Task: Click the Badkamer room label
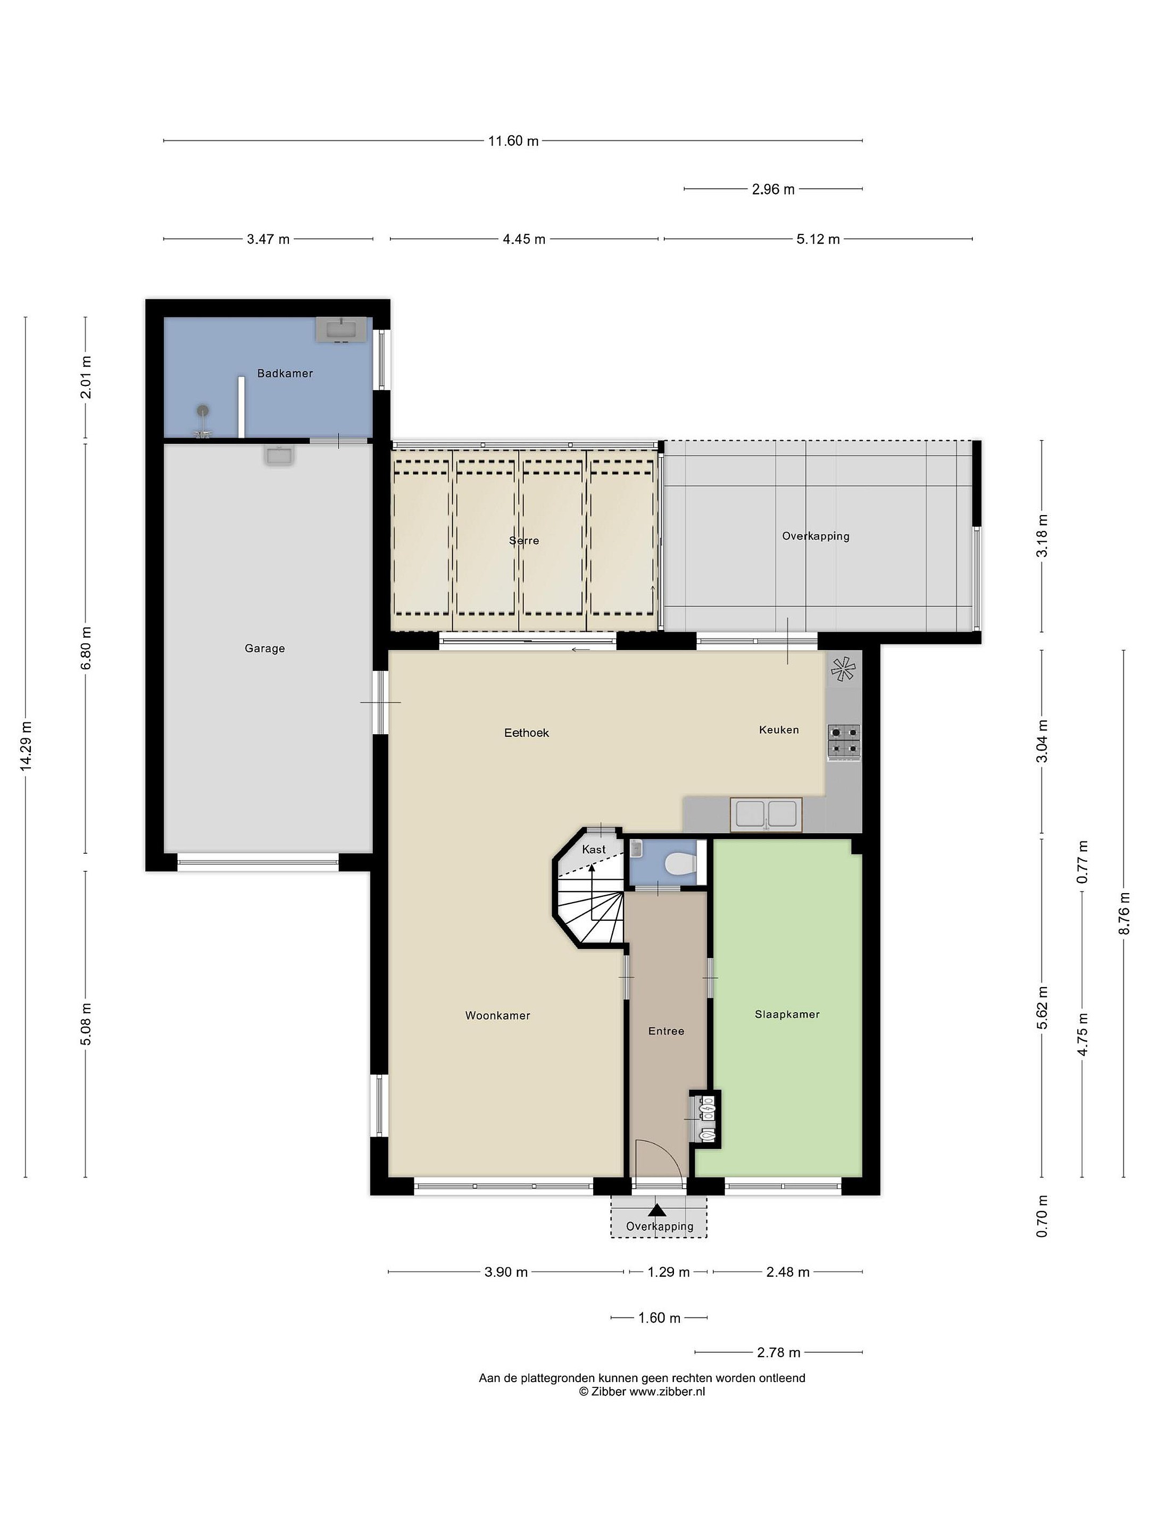click(285, 373)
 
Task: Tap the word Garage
click(264, 649)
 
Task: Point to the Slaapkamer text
click(787, 1015)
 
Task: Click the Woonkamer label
click(497, 1015)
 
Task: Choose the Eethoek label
click(527, 733)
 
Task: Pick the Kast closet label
click(594, 849)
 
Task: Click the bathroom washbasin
click(341, 330)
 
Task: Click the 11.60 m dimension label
click(513, 141)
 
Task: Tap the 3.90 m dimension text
click(506, 1272)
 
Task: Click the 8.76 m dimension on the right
click(1123, 912)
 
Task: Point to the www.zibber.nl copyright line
click(642, 1391)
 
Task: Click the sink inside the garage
click(280, 456)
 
